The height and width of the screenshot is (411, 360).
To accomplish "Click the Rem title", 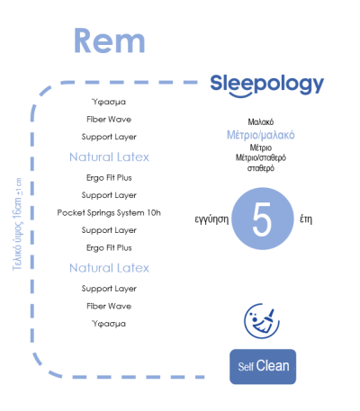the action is [110, 40].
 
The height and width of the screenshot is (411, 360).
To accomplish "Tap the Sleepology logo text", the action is [267, 85].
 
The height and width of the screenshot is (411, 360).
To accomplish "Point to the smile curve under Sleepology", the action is [240, 95].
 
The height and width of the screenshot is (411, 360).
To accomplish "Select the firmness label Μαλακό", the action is [261, 122].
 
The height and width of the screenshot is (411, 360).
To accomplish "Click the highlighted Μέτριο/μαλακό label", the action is [261, 135].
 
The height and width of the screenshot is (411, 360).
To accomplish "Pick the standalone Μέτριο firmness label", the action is [261, 147].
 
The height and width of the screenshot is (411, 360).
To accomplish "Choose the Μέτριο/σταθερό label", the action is [261, 157].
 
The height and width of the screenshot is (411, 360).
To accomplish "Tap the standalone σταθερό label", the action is [261, 168].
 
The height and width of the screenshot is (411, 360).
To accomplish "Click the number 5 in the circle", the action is [262, 219].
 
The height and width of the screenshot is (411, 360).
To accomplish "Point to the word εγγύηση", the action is [211, 219].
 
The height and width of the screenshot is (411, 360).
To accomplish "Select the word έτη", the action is [306, 219].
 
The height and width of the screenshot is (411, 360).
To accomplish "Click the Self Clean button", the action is [263, 366].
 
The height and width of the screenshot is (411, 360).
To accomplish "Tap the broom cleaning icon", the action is [262, 321].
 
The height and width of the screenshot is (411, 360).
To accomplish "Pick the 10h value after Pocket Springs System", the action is [154, 212].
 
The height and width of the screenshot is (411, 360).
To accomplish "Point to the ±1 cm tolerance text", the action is [19, 187].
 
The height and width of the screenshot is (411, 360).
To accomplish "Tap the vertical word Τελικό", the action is [17, 258].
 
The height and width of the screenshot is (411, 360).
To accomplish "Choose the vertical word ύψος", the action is [17, 234].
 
